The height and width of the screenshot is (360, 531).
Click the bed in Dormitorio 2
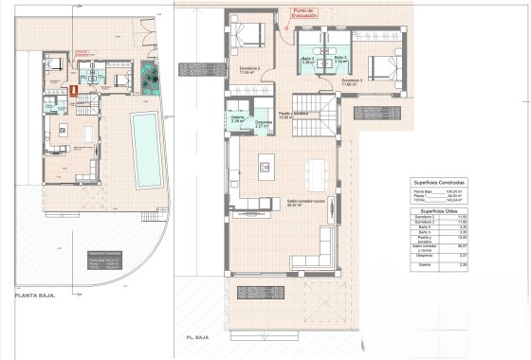[x=248, y=36]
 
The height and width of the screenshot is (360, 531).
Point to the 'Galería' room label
[x=239, y=119]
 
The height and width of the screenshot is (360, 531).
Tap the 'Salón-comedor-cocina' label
[x=305, y=203]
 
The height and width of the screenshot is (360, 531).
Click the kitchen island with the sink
[x=266, y=168]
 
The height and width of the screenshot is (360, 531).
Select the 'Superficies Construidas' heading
[x=438, y=181]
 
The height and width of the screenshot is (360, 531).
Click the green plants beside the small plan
[x=148, y=77]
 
